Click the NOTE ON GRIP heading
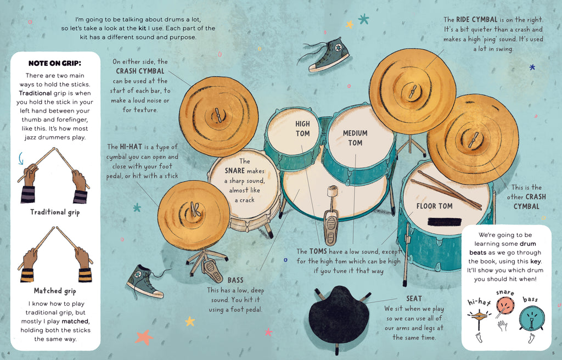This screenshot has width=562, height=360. coord(55,63)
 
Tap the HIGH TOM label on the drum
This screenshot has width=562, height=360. coord(302,129)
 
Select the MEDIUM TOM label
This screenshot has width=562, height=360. coord(355,138)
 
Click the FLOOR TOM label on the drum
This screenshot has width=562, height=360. coord(435,206)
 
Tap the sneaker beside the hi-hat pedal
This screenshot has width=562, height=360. coord(145,282)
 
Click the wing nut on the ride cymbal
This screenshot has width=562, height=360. coord(413,92)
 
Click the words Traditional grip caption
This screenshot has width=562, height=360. coord(55,212)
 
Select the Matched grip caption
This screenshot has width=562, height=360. coord(55,291)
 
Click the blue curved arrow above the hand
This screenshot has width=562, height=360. coord(21,158)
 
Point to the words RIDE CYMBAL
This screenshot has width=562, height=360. coord(476,20)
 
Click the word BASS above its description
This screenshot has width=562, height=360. coord(235,280)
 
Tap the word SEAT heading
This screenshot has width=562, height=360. coord(414,299)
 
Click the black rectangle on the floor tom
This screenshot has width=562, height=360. coord(445,222)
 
